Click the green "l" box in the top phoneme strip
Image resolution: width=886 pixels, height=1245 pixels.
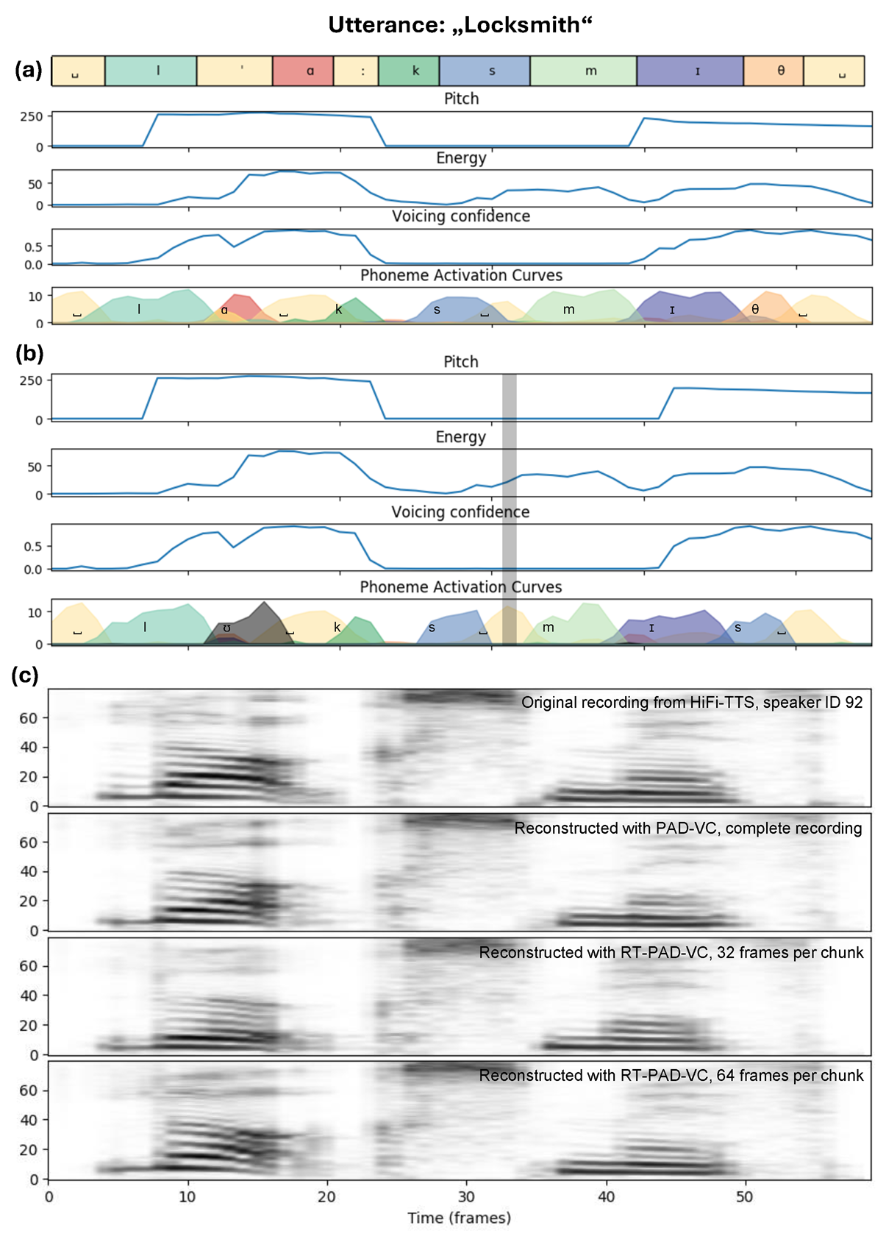(151, 71)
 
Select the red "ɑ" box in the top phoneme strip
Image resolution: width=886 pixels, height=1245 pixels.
(303, 71)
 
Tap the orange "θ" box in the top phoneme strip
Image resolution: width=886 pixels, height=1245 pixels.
(773, 71)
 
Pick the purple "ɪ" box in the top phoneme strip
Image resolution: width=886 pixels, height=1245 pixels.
(690, 71)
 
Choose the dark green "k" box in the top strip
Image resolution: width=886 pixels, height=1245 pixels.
(409, 71)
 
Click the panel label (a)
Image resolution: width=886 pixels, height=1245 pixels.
(29, 70)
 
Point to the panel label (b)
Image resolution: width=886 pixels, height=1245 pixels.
(29, 353)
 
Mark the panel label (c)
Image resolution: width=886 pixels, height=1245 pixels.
(25, 675)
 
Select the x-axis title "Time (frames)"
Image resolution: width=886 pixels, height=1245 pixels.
(460, 1218)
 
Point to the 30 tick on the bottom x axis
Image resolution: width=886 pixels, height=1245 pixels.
(465, 1196)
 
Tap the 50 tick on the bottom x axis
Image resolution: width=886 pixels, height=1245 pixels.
(744, 1196)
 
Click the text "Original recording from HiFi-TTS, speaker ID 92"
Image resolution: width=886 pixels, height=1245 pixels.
(692, 702)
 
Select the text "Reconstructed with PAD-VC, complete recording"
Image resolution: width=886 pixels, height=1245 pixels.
(688, 829)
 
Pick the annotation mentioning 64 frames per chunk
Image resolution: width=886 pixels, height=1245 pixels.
(671, 1076)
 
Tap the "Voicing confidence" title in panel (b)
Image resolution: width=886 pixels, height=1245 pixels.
(460, 512)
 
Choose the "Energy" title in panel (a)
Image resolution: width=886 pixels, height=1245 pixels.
(461, 158)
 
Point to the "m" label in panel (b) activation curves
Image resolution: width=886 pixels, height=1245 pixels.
(549, 628)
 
